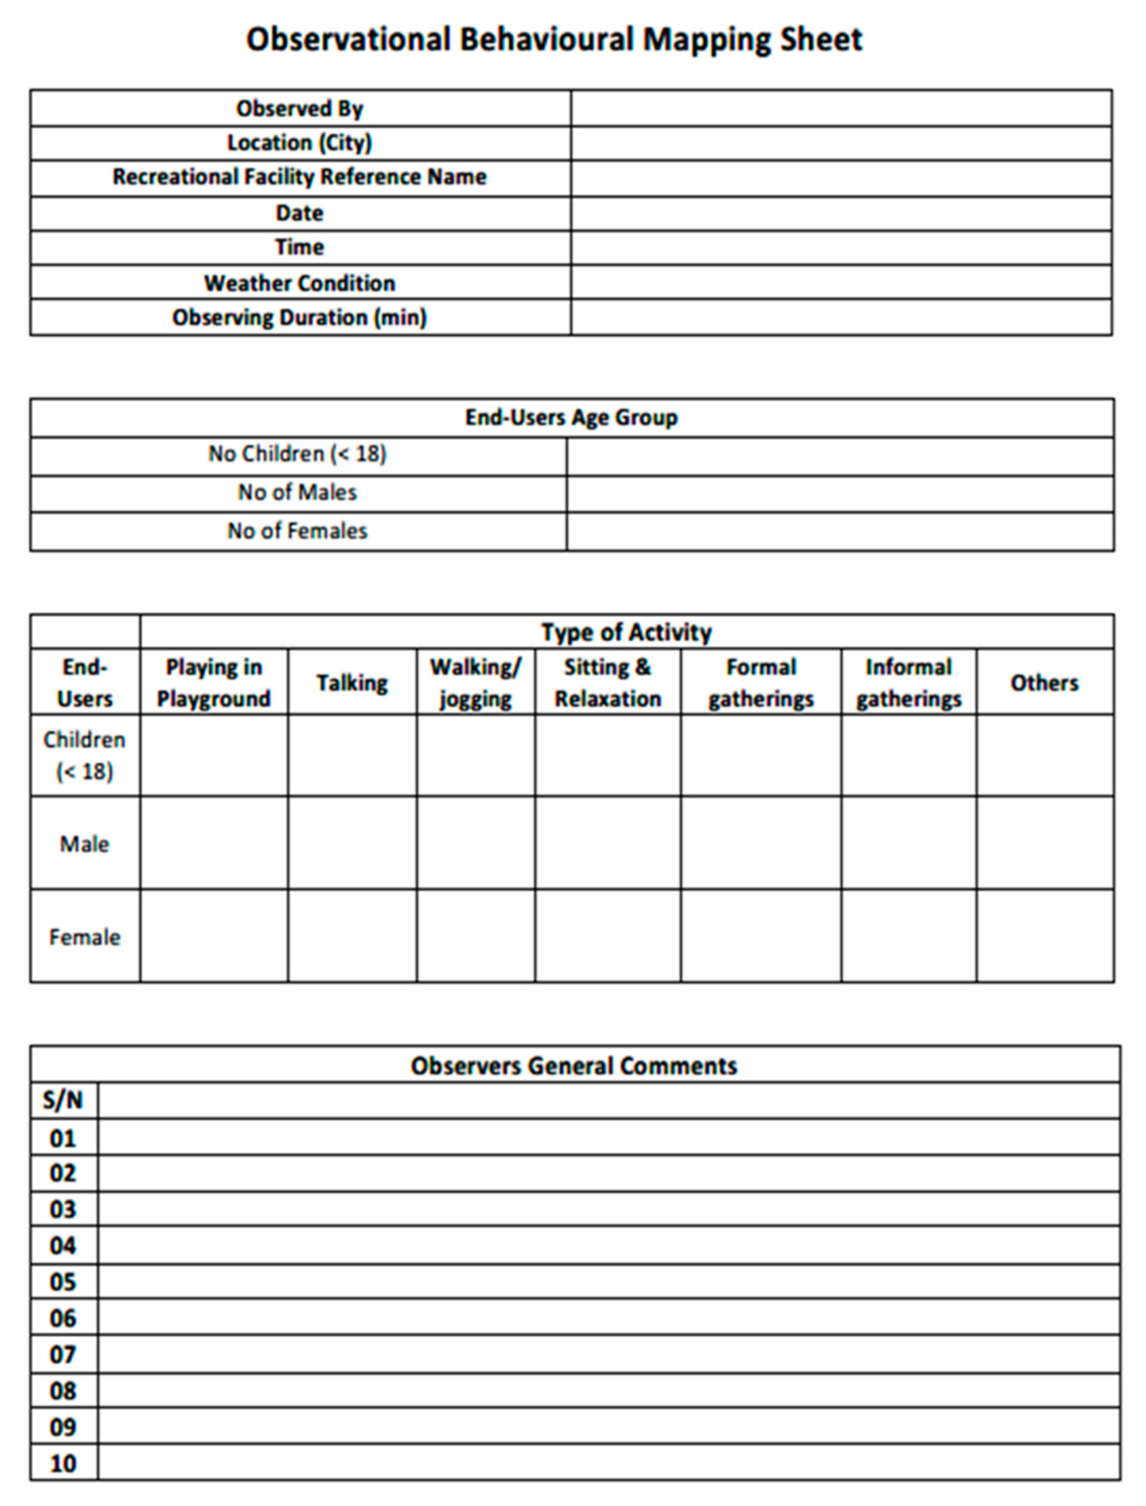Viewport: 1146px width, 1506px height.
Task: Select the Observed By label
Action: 299,108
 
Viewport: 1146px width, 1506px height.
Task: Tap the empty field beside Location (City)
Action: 841,143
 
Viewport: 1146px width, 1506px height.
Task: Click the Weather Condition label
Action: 299,283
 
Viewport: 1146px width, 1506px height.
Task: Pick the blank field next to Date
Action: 841,213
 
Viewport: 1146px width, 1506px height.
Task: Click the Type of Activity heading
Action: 626,632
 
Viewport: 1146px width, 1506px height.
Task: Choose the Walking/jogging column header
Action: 475,683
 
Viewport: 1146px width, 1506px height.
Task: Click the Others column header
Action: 1044,683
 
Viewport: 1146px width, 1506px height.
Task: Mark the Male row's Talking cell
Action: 352,843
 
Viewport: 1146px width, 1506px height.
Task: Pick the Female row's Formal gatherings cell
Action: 761,936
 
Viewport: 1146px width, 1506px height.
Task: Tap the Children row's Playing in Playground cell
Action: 213,755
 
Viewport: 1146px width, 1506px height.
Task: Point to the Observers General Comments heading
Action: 574,1066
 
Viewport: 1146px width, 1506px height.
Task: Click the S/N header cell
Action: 63,1100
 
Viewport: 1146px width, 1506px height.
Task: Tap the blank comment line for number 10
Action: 609,1463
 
